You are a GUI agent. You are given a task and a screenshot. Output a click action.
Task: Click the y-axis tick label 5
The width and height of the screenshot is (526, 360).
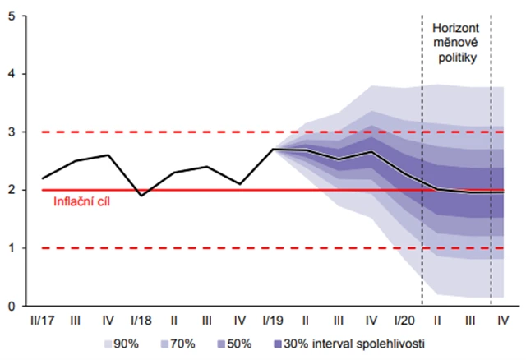coord(10,16)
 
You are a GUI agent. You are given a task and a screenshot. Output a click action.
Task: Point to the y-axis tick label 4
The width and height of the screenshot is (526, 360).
coord(10,74)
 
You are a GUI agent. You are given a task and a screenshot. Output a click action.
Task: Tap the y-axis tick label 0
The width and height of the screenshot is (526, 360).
coord(10,306)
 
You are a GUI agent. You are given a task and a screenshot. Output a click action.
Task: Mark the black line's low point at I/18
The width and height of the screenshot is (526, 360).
coord(141,196)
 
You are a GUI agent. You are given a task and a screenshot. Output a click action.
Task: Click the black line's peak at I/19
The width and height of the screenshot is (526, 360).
coord(272,150)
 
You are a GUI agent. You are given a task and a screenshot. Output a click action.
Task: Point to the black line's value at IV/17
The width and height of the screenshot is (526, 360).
coord(108,155)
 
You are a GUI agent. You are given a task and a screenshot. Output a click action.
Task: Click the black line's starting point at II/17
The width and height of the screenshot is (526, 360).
coord(44,178)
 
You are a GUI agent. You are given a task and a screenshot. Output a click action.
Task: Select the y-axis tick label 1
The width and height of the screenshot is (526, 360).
coord(10,248)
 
